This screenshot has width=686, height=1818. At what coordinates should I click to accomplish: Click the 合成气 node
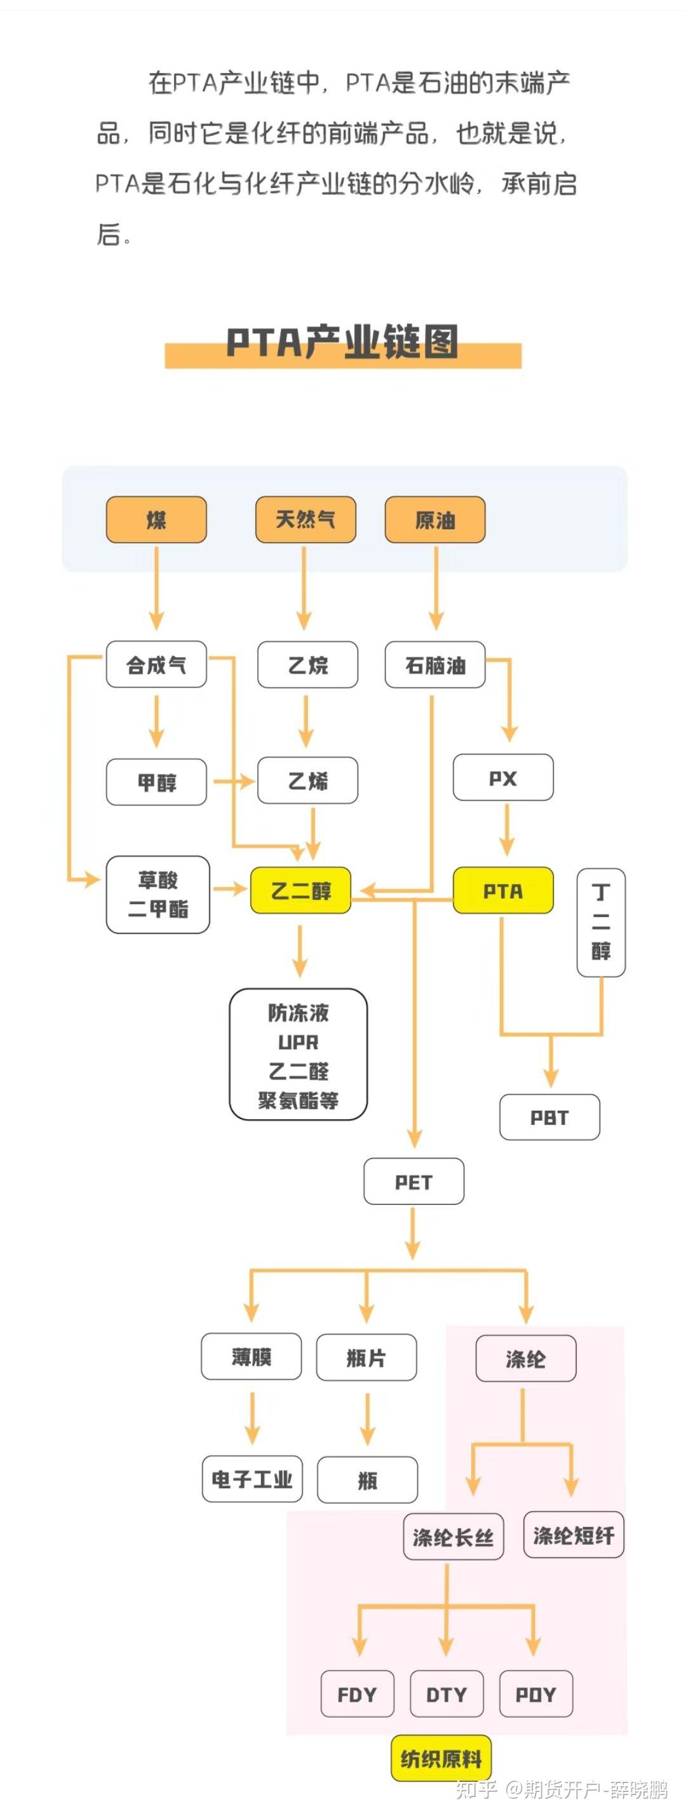tap(156, 664)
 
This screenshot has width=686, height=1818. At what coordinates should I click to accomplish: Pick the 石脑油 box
tap(434, 665)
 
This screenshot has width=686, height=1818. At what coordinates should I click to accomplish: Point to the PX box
tap(502, 778)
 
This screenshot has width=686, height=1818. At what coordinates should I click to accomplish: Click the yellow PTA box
tap(502, 891)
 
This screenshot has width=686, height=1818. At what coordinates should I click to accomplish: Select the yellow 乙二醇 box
tap(300, 891)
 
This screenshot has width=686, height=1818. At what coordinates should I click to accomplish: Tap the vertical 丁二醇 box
tap(601, 923)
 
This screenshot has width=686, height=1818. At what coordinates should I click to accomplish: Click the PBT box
tap(549, 1117)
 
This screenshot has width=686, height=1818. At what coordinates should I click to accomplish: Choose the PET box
tap(414, 1181)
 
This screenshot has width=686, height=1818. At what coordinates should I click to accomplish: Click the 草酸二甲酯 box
tap(158, 894)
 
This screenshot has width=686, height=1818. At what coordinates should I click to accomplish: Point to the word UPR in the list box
tap(298, 1042)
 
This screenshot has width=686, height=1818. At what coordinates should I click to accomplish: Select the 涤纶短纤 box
tap(573, 1535)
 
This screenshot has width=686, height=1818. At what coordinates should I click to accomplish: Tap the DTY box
tap(446, 1694)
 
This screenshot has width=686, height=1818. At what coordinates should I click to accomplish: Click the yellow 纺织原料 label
tap(441, 1758)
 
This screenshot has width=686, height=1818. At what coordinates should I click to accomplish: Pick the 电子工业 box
tap(252, 1479)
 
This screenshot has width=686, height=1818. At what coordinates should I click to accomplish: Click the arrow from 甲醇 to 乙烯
tap(233, 781)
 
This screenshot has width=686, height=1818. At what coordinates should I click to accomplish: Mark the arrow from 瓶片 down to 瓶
tap(367, 1418)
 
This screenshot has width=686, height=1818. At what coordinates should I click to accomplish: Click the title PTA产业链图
tap(342, 343)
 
